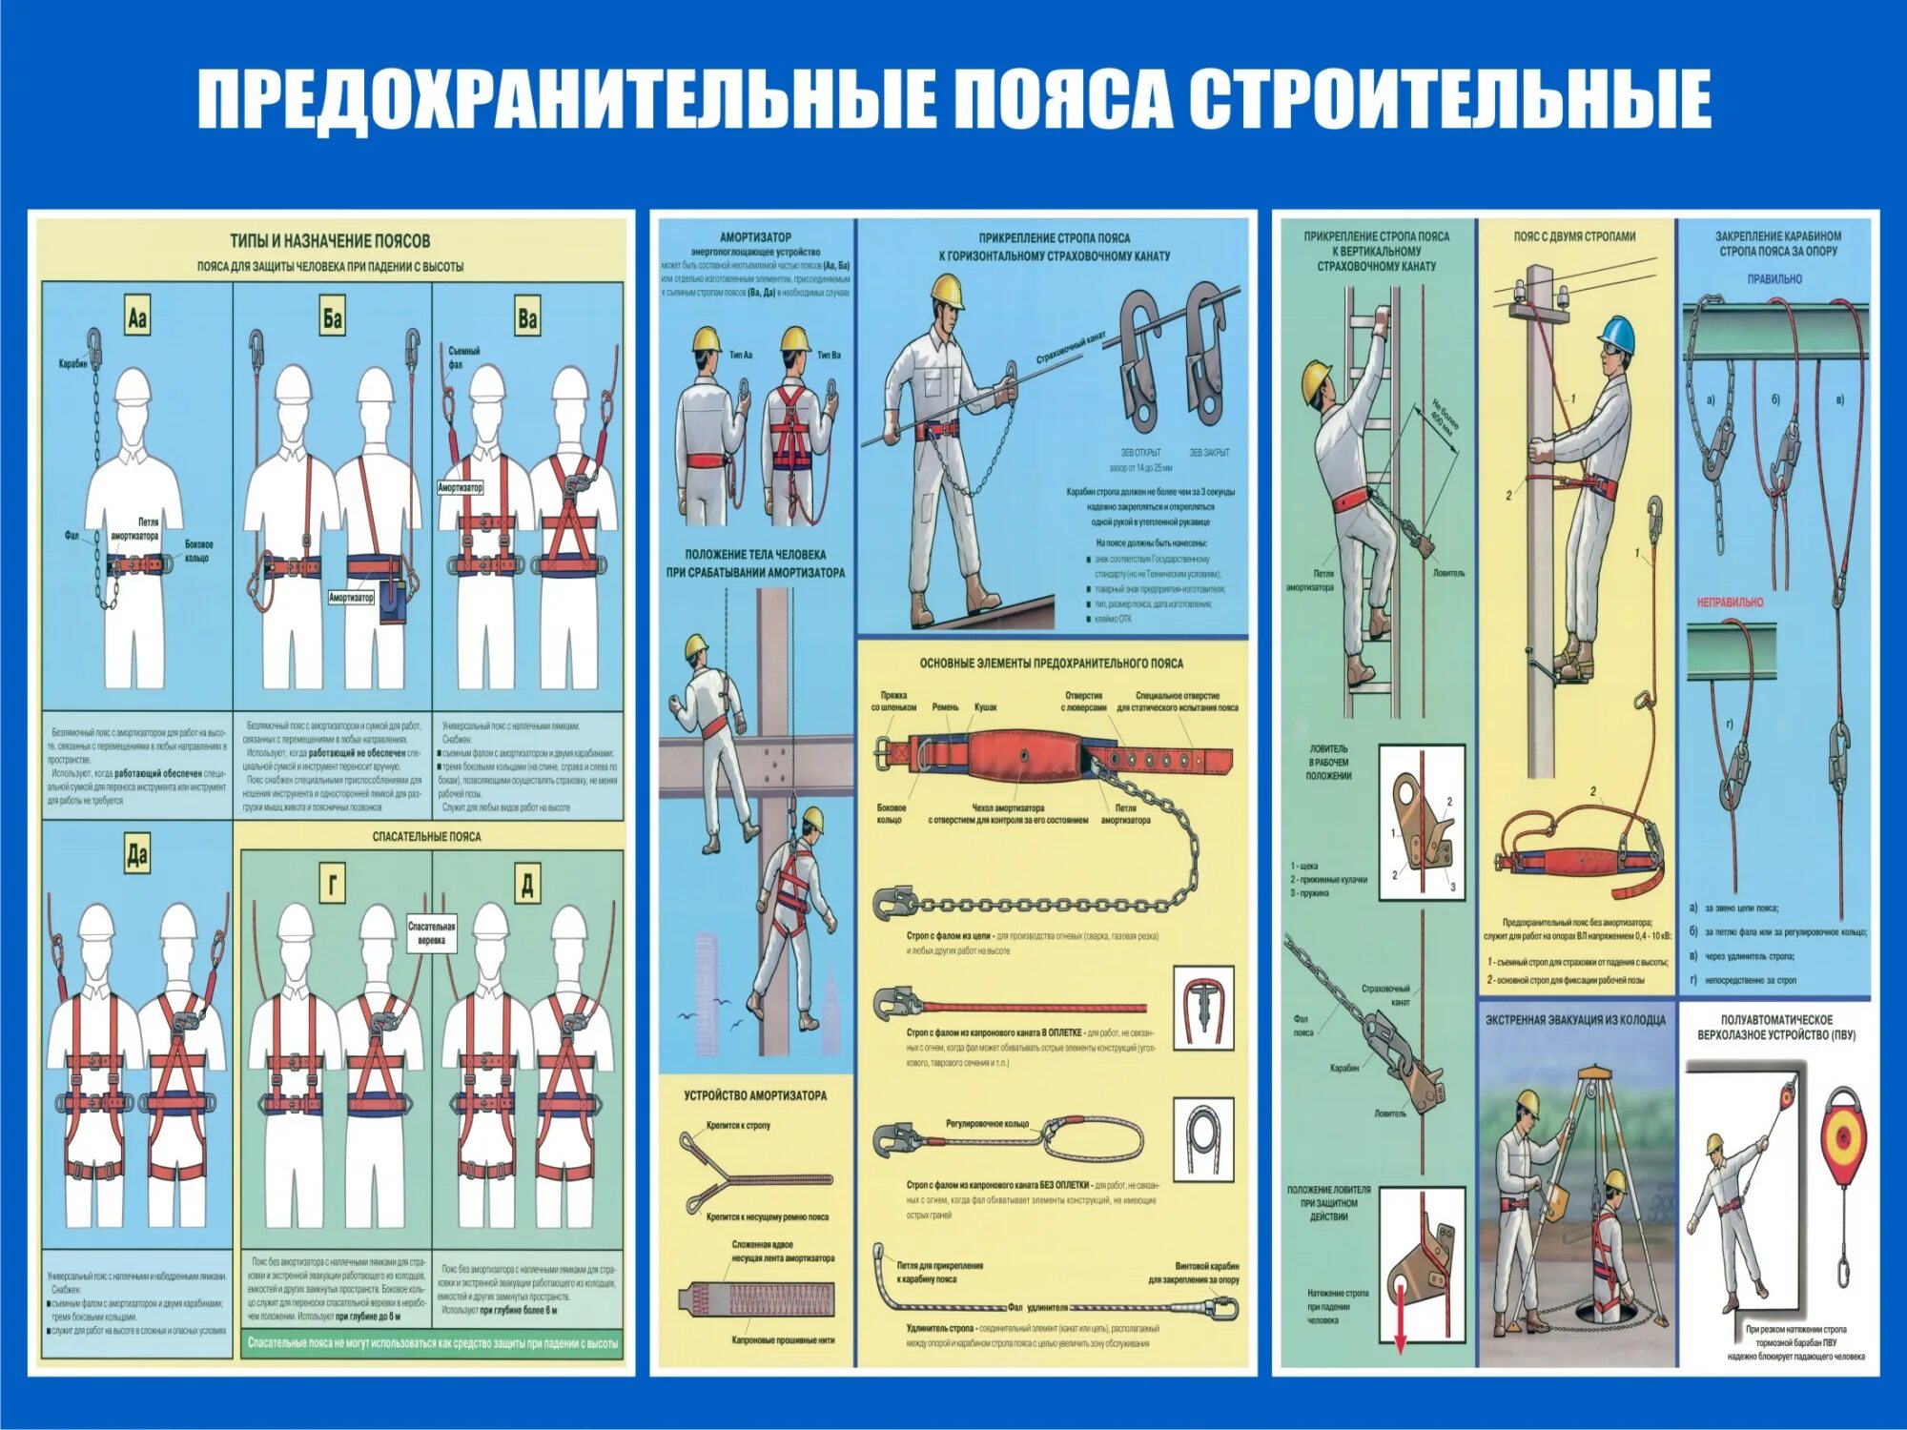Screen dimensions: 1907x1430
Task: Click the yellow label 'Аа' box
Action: (136, 317)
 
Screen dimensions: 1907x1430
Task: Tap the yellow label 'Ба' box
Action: (332, 317)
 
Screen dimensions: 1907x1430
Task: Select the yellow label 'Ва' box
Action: (527, 317)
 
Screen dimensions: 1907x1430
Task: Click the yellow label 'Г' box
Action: (332, 885)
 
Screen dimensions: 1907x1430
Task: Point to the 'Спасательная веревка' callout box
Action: (431, 932)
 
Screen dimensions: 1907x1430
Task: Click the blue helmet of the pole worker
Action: (1617, 334)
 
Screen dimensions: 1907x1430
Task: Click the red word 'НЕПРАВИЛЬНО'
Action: (1730, 603)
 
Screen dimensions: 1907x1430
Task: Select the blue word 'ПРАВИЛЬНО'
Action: (1774, 279)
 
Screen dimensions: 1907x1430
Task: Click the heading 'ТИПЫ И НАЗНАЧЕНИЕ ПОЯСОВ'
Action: (330, 241)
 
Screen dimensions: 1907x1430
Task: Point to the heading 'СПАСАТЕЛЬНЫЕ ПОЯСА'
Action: (426, 836)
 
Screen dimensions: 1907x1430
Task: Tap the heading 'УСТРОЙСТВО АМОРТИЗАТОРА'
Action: (755, 1095)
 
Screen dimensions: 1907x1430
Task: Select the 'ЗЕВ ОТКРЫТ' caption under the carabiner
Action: (1140, 453)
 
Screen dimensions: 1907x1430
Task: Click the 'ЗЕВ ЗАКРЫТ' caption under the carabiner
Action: (1209, 453)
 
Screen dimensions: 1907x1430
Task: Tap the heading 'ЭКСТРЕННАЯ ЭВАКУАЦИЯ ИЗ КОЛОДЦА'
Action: (1575, 1020)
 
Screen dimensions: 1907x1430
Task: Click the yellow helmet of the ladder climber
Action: (1317, 379)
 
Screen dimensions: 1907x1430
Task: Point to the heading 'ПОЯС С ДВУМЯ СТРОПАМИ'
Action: (1574, 236)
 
